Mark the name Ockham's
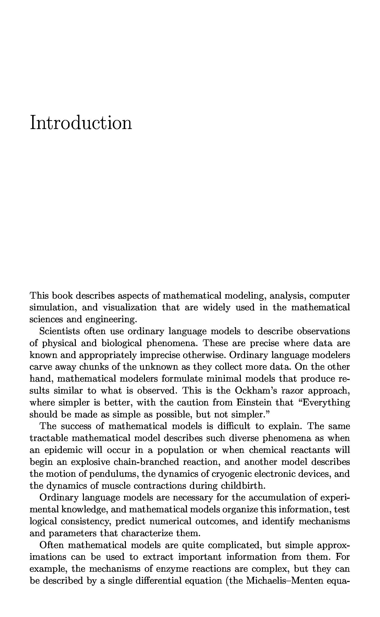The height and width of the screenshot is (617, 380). (256, 391)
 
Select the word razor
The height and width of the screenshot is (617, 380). (292, 391)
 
